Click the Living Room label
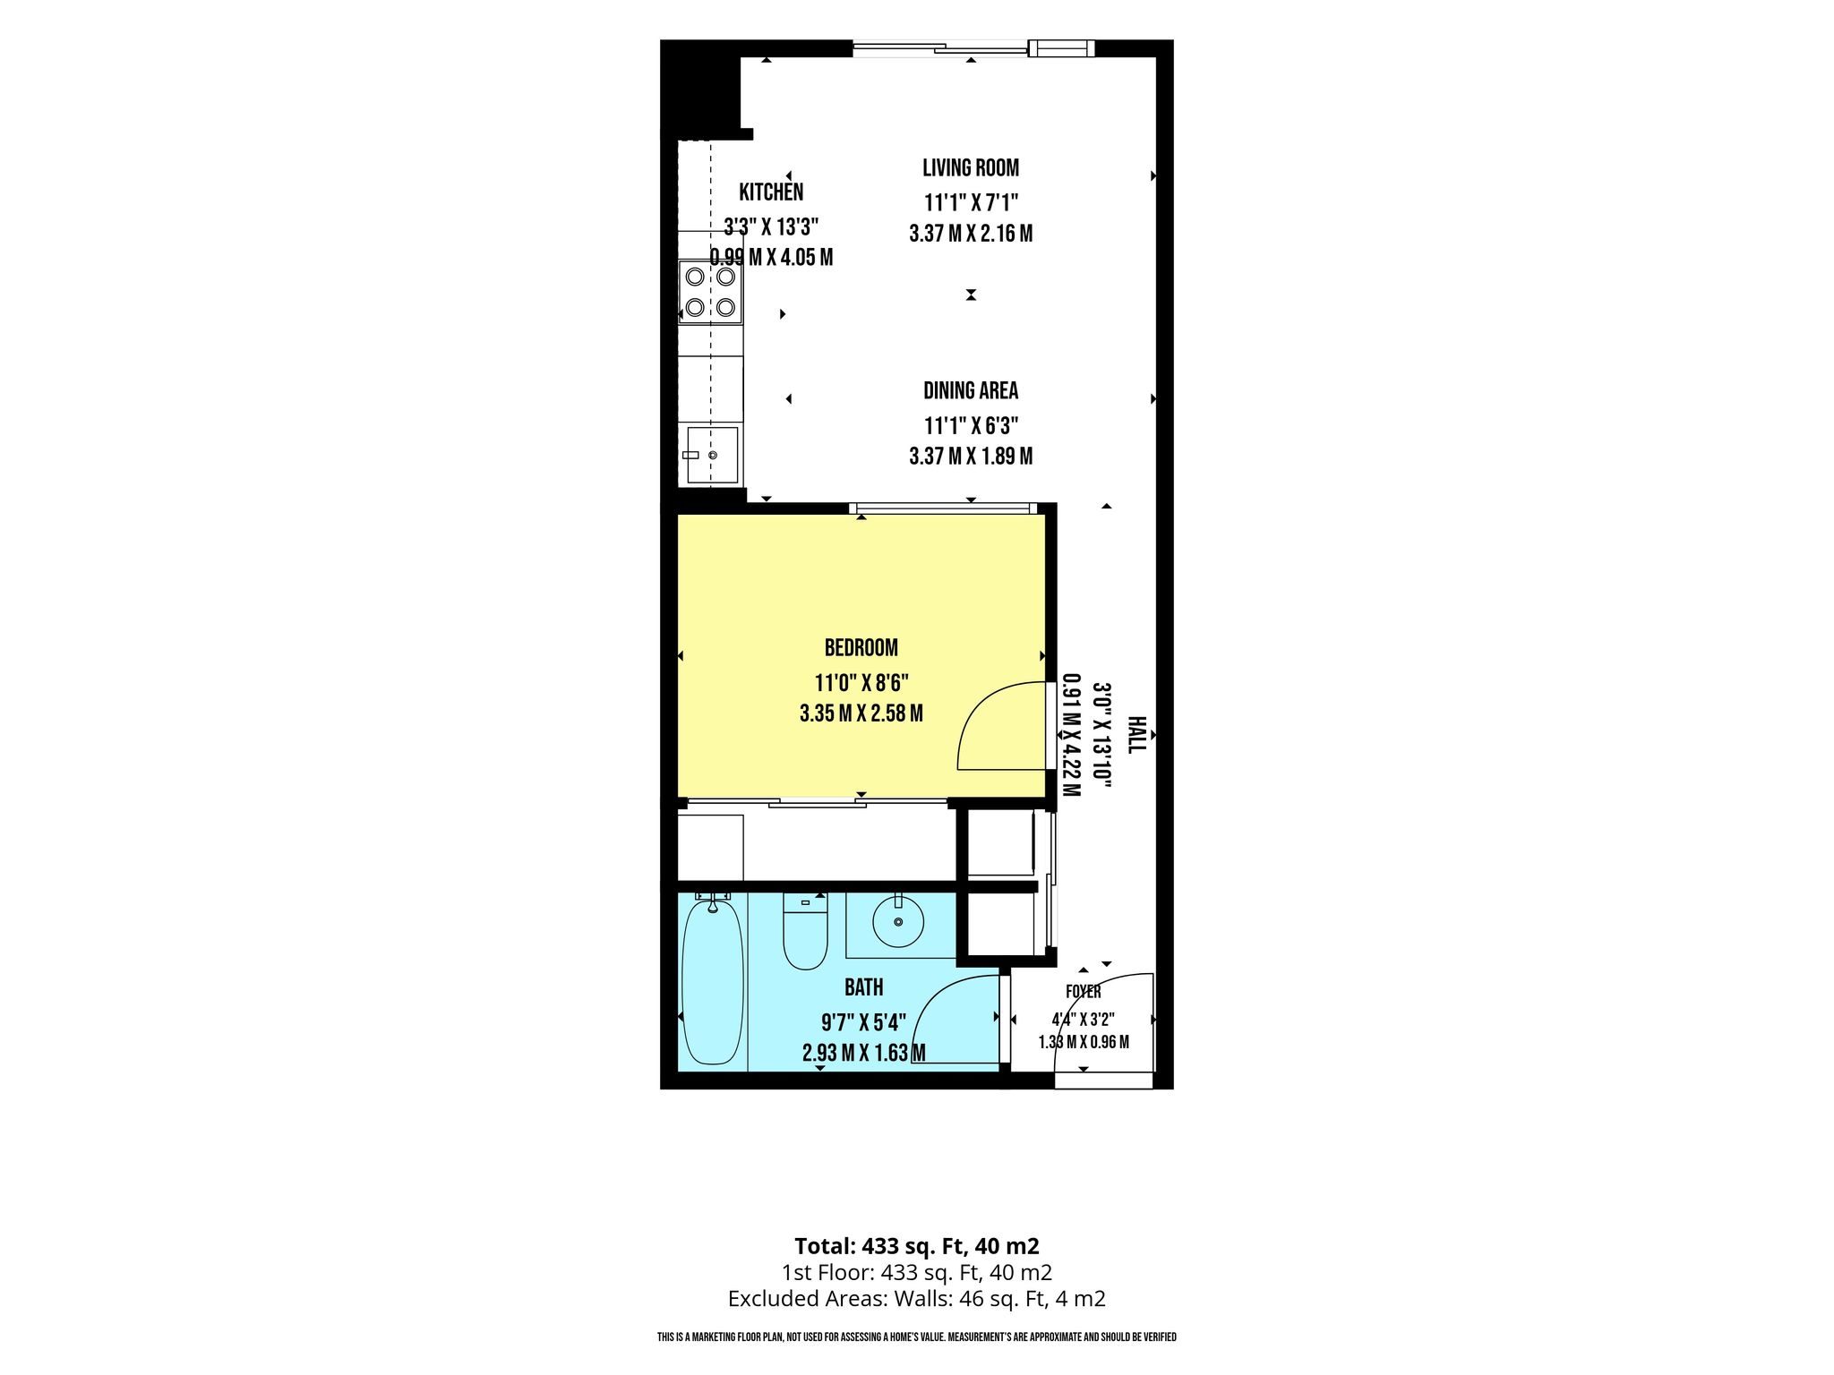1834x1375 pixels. (x=971, y=167)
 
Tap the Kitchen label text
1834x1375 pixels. (x=771, y=192)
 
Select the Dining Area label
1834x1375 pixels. (x=971, y=390)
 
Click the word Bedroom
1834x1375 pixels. (x=861, y=647)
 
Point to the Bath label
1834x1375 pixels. (x=863, y=987)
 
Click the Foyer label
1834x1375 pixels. (x=1083, y=992)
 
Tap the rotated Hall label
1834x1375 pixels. (x=1136, y=734)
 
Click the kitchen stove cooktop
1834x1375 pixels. (x=710, y=292)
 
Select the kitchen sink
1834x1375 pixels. (x=712, y=455)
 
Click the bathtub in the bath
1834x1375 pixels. (x=713, y=982)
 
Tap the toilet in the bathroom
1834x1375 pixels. (x=805, y=931)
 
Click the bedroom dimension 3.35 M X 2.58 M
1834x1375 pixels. (x=861, y=713)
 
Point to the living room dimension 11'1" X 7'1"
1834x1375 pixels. (x=971, y=202)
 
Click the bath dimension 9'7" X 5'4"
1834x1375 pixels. (x=863, y=1021)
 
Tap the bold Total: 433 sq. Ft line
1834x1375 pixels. (x=917, y=1246)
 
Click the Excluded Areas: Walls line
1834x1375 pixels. (x=917, y=1299)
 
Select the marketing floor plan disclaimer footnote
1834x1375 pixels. (x=917, y=1337)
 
